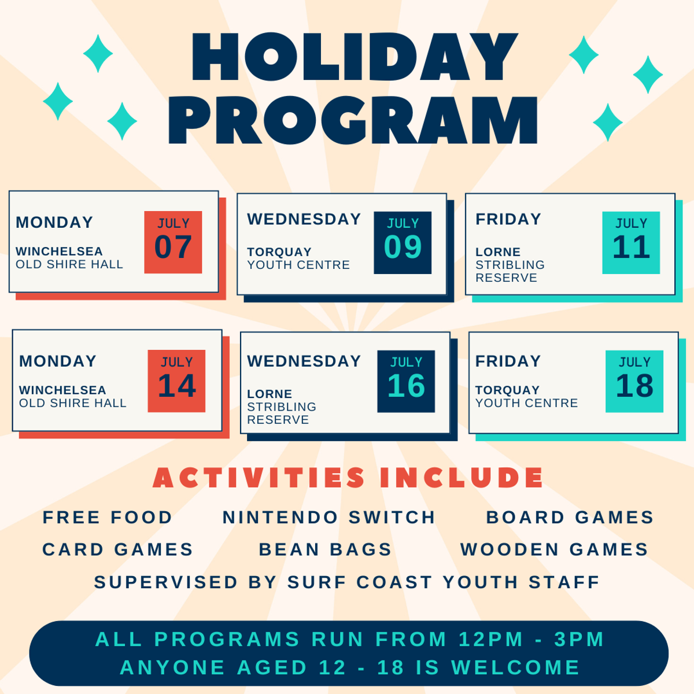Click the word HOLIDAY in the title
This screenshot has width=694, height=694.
355,57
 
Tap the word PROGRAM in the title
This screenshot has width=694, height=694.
353,120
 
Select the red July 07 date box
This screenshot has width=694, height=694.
173,242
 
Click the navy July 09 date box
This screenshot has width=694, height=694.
403,242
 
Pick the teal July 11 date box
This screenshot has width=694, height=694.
631,242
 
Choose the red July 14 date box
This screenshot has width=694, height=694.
176,381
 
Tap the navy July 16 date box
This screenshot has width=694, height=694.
406,381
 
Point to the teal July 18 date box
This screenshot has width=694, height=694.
634,381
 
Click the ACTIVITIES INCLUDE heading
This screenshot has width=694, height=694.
348,478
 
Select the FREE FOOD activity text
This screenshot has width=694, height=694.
108,518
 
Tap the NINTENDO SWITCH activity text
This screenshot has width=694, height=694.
329,518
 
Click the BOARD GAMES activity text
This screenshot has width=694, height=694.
570,518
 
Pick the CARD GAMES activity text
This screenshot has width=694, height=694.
118,549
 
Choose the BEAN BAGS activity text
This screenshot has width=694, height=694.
325,549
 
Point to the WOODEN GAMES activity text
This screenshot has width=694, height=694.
554,549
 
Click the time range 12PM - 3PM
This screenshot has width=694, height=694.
531,639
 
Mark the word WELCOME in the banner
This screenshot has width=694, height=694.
515,667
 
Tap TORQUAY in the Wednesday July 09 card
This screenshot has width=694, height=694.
279,252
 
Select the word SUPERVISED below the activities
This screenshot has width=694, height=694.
165,582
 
